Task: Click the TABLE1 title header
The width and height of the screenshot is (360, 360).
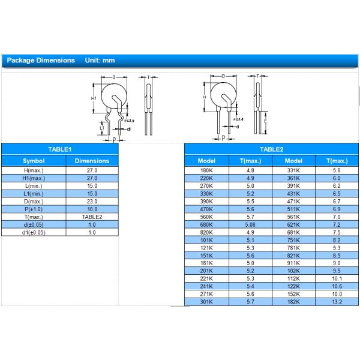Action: (59, 149)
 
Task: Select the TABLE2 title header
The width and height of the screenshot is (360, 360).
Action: (271, 149)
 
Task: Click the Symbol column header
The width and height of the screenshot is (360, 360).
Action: (34, 161)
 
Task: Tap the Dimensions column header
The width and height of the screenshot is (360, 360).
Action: (92, 161)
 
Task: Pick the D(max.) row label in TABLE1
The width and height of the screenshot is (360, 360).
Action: (34, 202)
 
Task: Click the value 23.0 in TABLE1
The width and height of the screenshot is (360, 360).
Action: (92, 202)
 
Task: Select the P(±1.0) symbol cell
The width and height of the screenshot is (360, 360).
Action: (34, 209)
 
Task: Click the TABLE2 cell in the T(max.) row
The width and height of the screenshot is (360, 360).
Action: (92, 217)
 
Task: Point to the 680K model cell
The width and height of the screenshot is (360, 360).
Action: (206, 225)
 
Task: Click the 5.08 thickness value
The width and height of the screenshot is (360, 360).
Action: (250, 225)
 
